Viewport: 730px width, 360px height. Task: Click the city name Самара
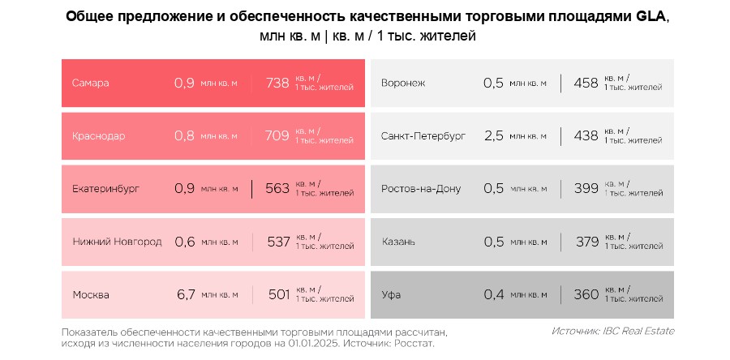[x=90, y=83]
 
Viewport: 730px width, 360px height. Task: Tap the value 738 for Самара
[x=277, y=83]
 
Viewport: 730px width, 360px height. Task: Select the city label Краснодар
[x=98, y=135]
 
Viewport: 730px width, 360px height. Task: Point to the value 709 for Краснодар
[x=277, y=135]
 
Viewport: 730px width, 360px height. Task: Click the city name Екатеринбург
[x=105, y=188]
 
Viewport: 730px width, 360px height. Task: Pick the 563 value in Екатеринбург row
[x=277, y=188]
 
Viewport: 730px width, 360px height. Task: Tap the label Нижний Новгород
[x=117, y=242]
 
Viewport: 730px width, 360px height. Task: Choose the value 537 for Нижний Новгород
[x=278, y=242]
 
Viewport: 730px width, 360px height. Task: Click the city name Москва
[x=90, y=294]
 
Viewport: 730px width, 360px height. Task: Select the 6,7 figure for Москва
[x=186, y=294]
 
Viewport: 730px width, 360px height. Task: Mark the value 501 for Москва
[x=279, y=294]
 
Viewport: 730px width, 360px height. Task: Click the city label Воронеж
[x=403, y=83]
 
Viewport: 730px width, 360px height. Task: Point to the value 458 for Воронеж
[x=586, y=83]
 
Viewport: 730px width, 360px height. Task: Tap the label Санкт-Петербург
[x=423, y=135]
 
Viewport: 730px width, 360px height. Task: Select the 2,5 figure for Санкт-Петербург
[x=493, y=135]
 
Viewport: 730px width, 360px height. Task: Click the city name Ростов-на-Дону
[x=421, y=188]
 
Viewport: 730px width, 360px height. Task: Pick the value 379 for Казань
[x=586, y=242]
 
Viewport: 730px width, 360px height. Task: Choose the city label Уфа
[x=392, y=294]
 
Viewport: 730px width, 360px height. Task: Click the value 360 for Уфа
[x=586, y=294]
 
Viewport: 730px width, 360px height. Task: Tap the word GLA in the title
[x=651, y=17]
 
